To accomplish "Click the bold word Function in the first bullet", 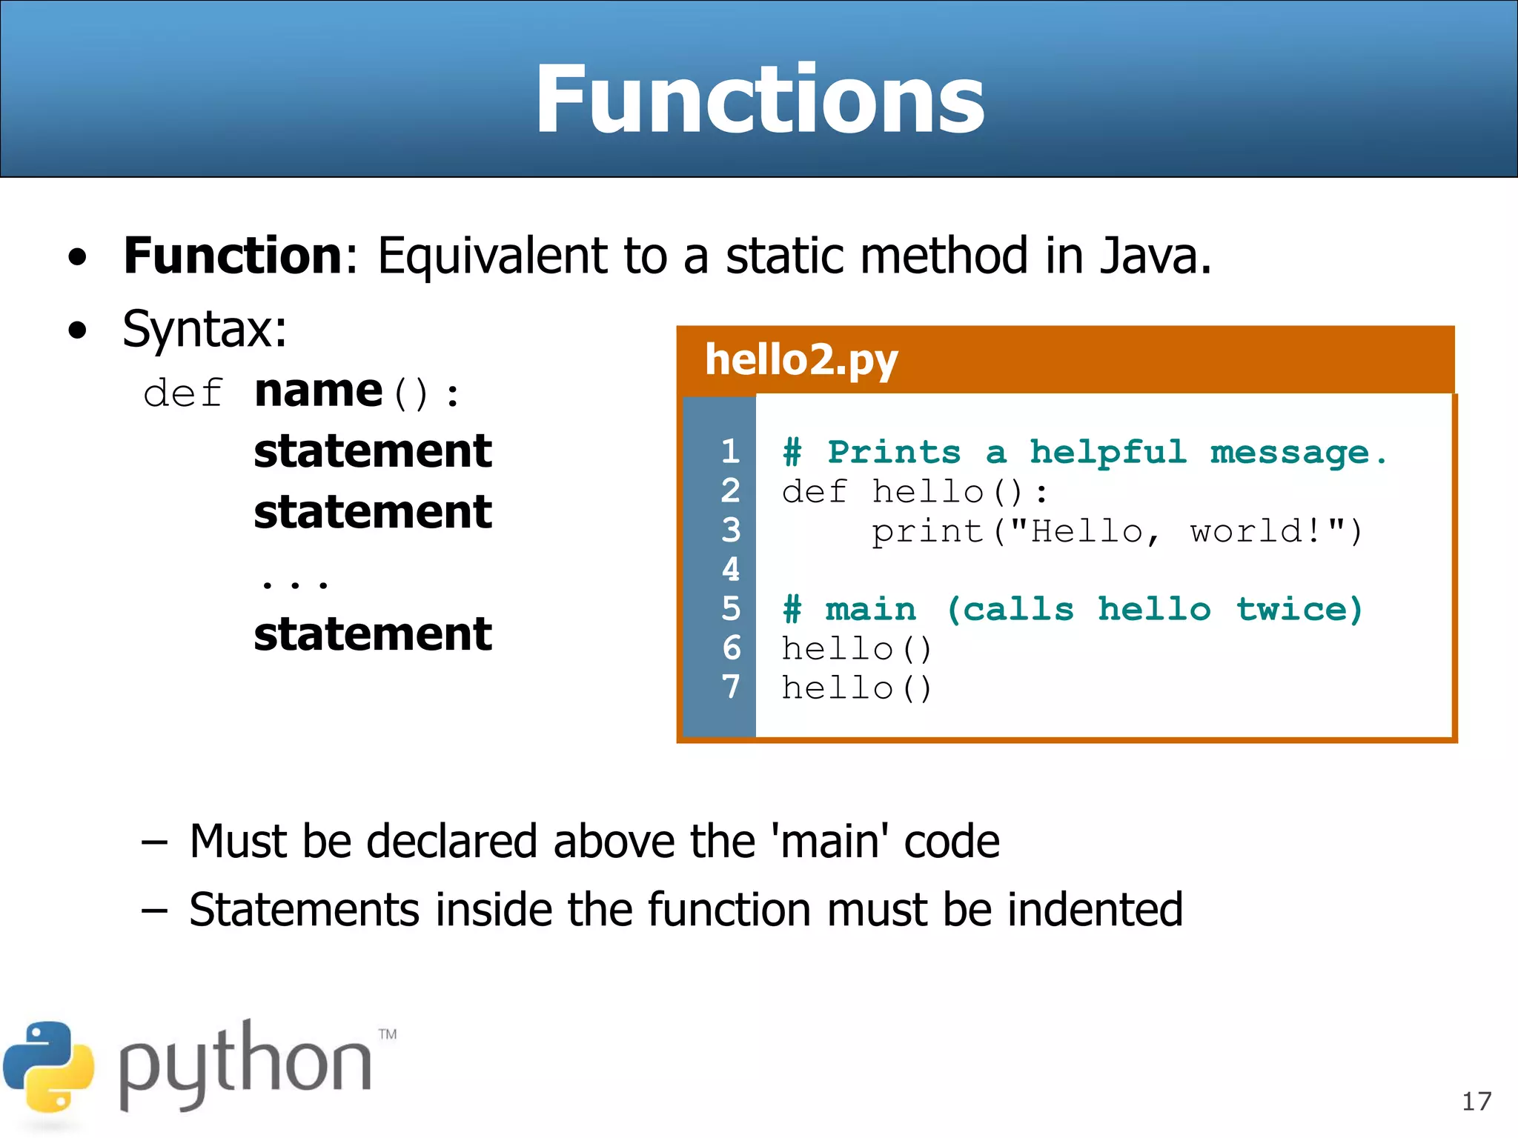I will coord(232,256).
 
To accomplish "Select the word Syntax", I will coord(204,329).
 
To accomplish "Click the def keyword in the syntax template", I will coord(182,392).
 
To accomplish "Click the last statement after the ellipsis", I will coord(373,634).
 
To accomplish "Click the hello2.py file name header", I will coord(801,360).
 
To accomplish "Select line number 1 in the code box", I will coord(731,451).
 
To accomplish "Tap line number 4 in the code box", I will coord(731,569).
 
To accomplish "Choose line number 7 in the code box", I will coord(731,687).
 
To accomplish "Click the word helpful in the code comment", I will coord(1108,452).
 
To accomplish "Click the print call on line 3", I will coord(927,531).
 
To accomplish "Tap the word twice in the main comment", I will coord(1299,609).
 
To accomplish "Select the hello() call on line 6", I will coord(856,649).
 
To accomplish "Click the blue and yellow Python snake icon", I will coord(49,1067).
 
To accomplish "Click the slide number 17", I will coord(1476,1101).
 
